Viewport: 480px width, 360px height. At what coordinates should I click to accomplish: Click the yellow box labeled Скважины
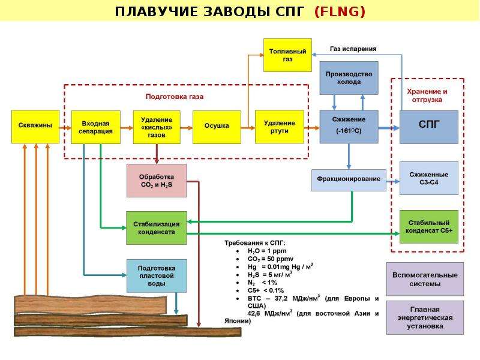[x=35, y=127]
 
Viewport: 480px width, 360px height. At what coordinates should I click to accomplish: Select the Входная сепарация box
[x=96, y=127]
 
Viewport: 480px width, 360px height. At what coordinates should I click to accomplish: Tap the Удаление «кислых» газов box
[x=157, y=127]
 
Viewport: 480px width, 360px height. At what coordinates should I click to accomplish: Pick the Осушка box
[x=217, y=127]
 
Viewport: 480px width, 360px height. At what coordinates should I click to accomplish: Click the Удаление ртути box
[x=280, y=127]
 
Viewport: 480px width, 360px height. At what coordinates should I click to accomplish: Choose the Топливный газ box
[x=288, y=55]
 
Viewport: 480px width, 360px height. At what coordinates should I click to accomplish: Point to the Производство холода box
[x=349, y=78]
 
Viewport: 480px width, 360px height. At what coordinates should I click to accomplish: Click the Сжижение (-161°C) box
[x=349, y=127]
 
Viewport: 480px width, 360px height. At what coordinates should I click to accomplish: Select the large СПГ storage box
[x=429, y=127]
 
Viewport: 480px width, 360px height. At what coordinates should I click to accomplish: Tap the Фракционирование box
[x=349, y=181]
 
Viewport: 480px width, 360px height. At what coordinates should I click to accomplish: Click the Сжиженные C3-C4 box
[x=429, y=178]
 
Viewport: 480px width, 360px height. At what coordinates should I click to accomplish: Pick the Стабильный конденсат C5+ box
[x=429, y=227]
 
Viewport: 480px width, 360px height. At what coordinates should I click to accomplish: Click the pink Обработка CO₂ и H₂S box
[x=157, y=181]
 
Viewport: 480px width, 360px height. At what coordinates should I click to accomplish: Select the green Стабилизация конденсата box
[x=157, y=228]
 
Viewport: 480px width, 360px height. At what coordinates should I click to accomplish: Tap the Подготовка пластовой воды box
[x=157, y=276]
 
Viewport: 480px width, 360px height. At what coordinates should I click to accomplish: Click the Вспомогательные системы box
[x=425, y=279]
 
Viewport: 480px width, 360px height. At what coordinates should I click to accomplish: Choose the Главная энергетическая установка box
[x=425, y=317]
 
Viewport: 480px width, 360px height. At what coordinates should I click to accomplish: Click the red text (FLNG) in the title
[x=340, y=11]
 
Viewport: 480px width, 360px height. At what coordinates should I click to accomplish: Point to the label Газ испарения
[x=353, y=49]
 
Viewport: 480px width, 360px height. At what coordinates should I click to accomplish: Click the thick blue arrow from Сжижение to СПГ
[x=389, y=128]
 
